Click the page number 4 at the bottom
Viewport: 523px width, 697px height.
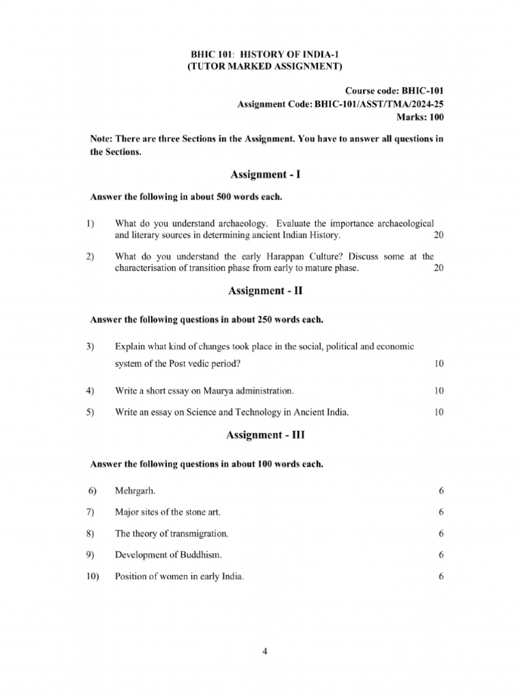coord(264,651)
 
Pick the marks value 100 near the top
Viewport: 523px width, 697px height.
coord(435,116)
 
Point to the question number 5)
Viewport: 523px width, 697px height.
coord(91,412)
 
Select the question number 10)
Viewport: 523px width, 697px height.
coord(93,577)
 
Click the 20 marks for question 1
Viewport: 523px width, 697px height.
coord(438,235)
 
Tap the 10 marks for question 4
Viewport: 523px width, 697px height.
coord(438,391)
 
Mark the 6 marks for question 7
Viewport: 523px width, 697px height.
coord(441,512)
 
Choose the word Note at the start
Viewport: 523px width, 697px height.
coord(102,140)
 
